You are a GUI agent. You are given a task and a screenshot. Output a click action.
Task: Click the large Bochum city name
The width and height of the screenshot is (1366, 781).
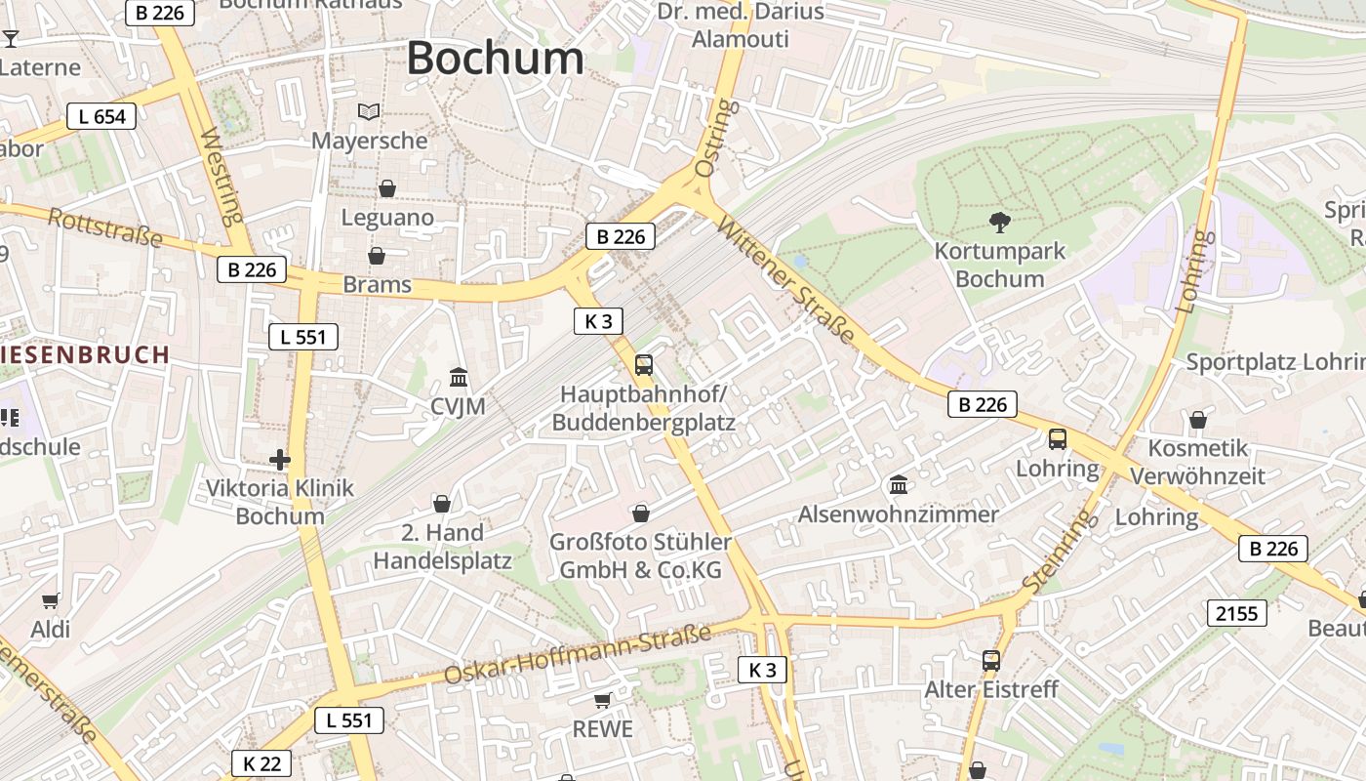click(x=495, y=58)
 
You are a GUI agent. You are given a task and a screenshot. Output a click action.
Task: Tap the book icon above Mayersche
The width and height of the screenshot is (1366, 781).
click(x=369, y=112)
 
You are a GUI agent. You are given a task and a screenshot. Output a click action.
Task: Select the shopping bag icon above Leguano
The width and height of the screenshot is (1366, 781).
click(x=387, y=187)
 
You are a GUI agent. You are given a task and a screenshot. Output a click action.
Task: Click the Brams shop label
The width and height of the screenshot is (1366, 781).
click(x=377, y=285)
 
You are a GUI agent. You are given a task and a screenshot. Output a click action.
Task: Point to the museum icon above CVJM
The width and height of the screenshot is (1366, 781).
click(x=458, y=377)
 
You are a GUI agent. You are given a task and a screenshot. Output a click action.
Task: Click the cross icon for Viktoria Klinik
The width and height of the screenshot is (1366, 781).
click(x=280, y=459)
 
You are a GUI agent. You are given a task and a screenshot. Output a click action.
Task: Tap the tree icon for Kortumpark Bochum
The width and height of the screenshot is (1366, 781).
click(x=999, y=223)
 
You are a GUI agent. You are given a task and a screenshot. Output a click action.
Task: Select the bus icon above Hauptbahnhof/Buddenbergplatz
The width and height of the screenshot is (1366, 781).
click(x=643, y=365)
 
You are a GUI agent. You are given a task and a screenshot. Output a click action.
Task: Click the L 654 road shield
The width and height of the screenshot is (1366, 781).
click(x=101, y=117)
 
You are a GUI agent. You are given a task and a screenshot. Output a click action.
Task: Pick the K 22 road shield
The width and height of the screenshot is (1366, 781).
click(x=261, y=763)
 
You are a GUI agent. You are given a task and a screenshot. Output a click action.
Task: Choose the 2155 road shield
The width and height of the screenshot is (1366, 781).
click(x=1237, y=613)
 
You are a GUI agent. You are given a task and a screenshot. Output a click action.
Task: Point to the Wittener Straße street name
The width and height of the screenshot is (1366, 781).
click(x=785, y=279)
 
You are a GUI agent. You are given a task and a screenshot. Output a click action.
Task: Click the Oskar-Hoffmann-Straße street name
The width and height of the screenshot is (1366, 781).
click(x=578, y=655)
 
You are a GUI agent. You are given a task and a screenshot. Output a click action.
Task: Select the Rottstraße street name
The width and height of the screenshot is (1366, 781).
click(x=104, y=227)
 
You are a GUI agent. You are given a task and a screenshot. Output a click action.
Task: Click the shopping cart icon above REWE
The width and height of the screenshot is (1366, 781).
click(x=602, y=700)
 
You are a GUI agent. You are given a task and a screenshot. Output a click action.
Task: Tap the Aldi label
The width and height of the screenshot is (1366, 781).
click(x=51, y=630)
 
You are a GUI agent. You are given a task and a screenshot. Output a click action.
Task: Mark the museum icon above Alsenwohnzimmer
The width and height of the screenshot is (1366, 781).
click(x=898, y=484)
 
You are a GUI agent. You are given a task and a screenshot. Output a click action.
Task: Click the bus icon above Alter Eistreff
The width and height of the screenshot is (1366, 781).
click(x=991, y=661)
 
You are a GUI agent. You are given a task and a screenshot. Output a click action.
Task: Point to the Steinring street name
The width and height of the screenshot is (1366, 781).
click(x=1059, y=552)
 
